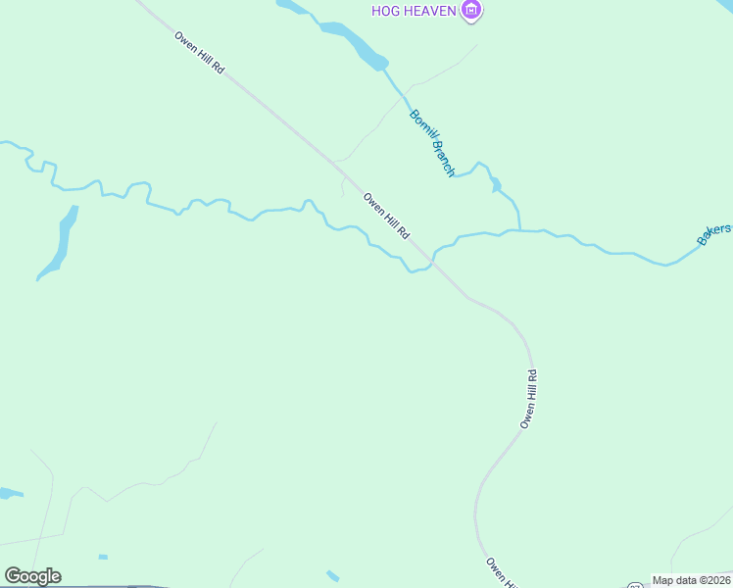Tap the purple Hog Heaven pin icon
(473, 11)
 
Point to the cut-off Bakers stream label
(714, 233)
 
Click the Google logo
(32, 576)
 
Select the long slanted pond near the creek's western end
(59, 243)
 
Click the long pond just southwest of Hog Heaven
(352, 44)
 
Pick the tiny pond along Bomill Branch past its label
(496, 183)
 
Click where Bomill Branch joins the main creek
(518, 230)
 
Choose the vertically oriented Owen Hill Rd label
(529, 399)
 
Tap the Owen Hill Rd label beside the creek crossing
(386, 216)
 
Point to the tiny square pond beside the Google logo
(103, 557)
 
